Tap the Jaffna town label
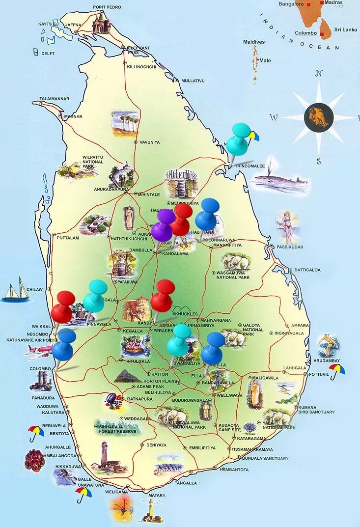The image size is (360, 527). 73,25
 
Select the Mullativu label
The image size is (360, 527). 193,80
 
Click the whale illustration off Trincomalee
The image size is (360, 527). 280,182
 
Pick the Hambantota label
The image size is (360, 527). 234,470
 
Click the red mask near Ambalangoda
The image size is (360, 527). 34,460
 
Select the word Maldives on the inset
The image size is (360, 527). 254,42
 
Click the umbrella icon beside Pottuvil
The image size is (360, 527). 337,371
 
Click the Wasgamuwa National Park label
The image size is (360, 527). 233,275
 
